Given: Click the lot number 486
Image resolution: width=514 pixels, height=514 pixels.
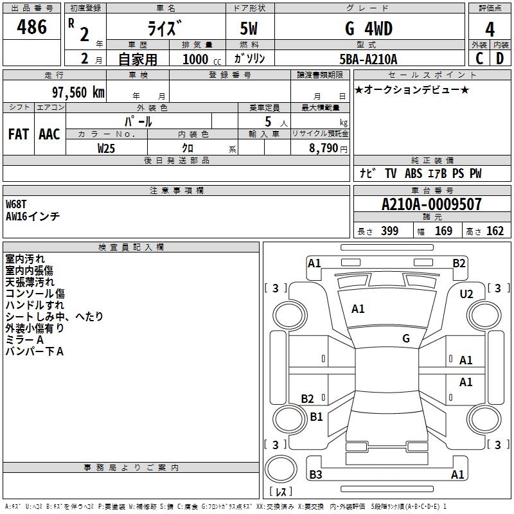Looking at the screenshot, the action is (x=31, y=27).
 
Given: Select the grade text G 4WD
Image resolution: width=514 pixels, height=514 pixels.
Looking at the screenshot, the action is (x=369, y=29).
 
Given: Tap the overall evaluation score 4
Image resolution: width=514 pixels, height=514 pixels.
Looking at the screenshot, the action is (x=490, y=30).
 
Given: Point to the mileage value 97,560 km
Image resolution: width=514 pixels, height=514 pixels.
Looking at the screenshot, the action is (x=78, y=93).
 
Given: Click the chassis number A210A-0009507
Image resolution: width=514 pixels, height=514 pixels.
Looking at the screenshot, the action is (x=432, y=204).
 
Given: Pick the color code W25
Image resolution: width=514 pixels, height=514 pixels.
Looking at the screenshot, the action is (x=106, y=148).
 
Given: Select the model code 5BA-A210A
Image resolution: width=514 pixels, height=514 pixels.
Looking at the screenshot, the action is (x=368, y=59).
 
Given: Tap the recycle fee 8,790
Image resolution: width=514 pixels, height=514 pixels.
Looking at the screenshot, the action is (x=323, y=148).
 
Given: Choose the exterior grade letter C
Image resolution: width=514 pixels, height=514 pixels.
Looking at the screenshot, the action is (x=479, y=58).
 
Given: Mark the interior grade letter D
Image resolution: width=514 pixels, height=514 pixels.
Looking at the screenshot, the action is (x=500, y=58).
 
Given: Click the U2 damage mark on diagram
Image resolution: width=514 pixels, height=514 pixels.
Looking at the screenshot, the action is (x=466, y=294).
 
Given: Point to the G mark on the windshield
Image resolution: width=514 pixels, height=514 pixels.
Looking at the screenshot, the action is (x=406, y=339).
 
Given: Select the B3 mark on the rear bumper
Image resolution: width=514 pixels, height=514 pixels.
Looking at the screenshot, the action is (x=315, y=474).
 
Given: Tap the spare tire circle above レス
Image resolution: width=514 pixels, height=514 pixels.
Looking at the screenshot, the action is (x=281, y=469).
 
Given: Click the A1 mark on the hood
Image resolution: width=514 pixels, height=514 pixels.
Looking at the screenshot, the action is (x=358, y=309).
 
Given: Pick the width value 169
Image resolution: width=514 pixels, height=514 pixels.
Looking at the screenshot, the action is (x=443, y=231).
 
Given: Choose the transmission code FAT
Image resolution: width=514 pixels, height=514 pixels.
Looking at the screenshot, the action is (x=19, y=134).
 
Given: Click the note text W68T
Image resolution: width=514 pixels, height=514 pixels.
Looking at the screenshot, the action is (x=16, y=204).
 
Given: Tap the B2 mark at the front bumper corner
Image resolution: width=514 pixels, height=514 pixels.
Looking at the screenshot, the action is (x=459, y=263).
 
